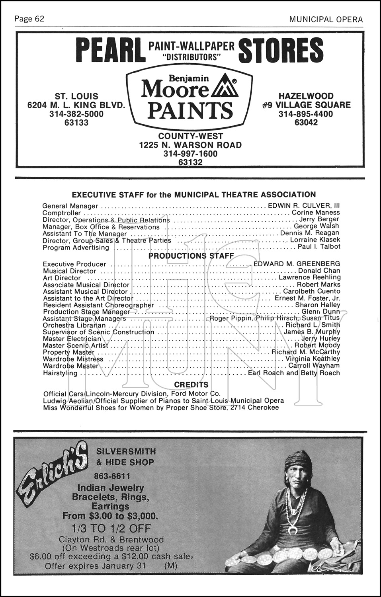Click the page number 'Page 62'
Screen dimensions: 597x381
tap(29, 19)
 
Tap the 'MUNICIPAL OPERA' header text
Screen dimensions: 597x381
tap(326, 19)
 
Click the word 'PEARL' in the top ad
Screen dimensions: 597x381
tap(110, 51)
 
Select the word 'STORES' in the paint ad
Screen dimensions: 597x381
tap(281, 51)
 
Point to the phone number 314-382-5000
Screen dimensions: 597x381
tap(76, 114)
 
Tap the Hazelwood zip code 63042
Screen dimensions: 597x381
tap(306, 123)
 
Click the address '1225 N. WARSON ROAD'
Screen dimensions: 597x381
tap(190, 145)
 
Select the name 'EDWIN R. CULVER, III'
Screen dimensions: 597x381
tap(304, 206)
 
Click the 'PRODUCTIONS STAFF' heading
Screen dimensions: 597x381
tap(191, 256)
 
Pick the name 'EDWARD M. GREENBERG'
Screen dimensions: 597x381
tap(297, 263)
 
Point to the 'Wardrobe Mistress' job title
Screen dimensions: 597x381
tap(73, 359)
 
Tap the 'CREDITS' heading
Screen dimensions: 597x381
tap(191, 384)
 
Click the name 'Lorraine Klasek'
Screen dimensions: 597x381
tap(315, 240)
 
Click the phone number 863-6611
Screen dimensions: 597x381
tap(112, 476)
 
